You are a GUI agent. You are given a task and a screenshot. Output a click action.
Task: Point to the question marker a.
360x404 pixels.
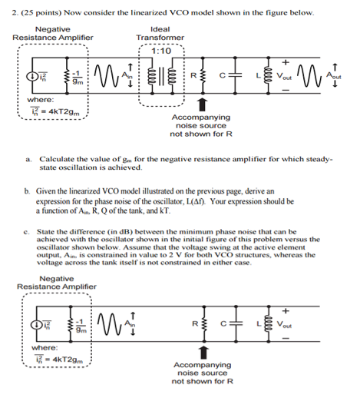[x=27, y=157]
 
